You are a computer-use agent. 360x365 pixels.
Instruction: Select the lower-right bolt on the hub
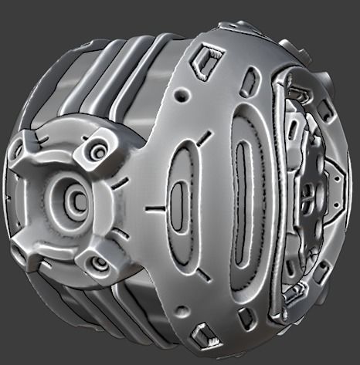pos(98,264)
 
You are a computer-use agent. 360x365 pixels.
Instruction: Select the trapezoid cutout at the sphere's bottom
pos(204,333)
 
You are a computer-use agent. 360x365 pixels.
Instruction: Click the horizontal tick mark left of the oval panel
pos(155,208)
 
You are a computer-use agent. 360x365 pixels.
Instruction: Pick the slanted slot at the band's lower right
pos(246,316)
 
